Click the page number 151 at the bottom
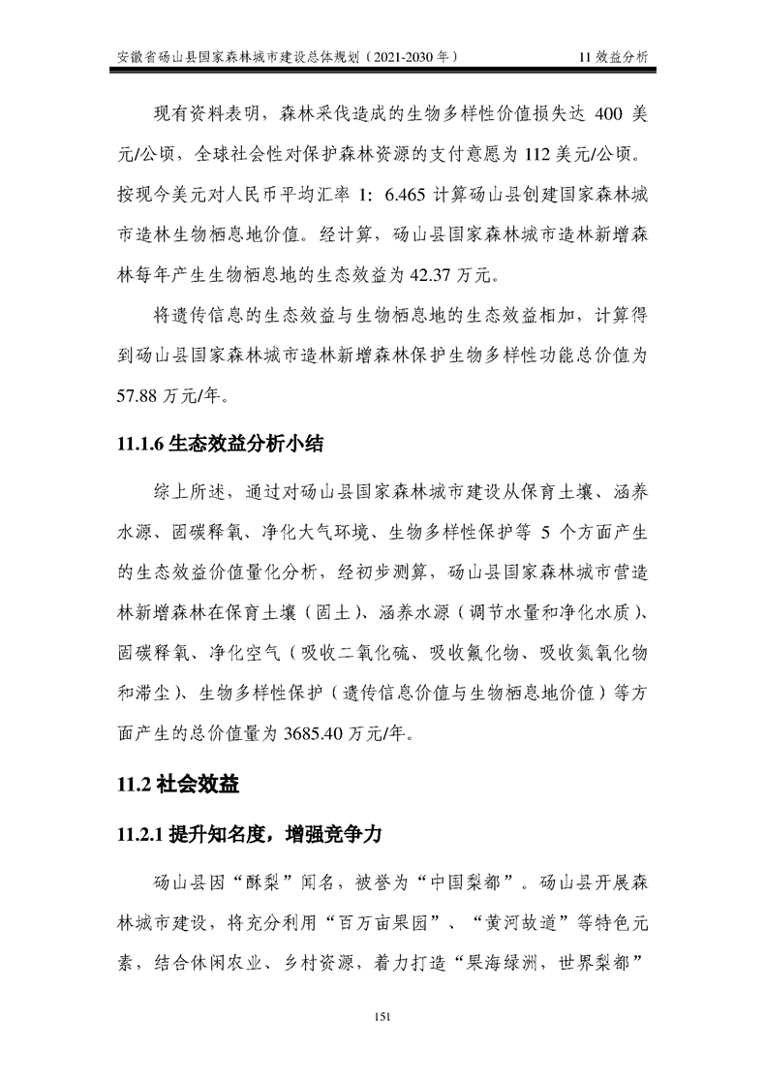tap(382, 1014)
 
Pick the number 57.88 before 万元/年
tap(139, 396)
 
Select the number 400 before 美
tap(595, 114)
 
